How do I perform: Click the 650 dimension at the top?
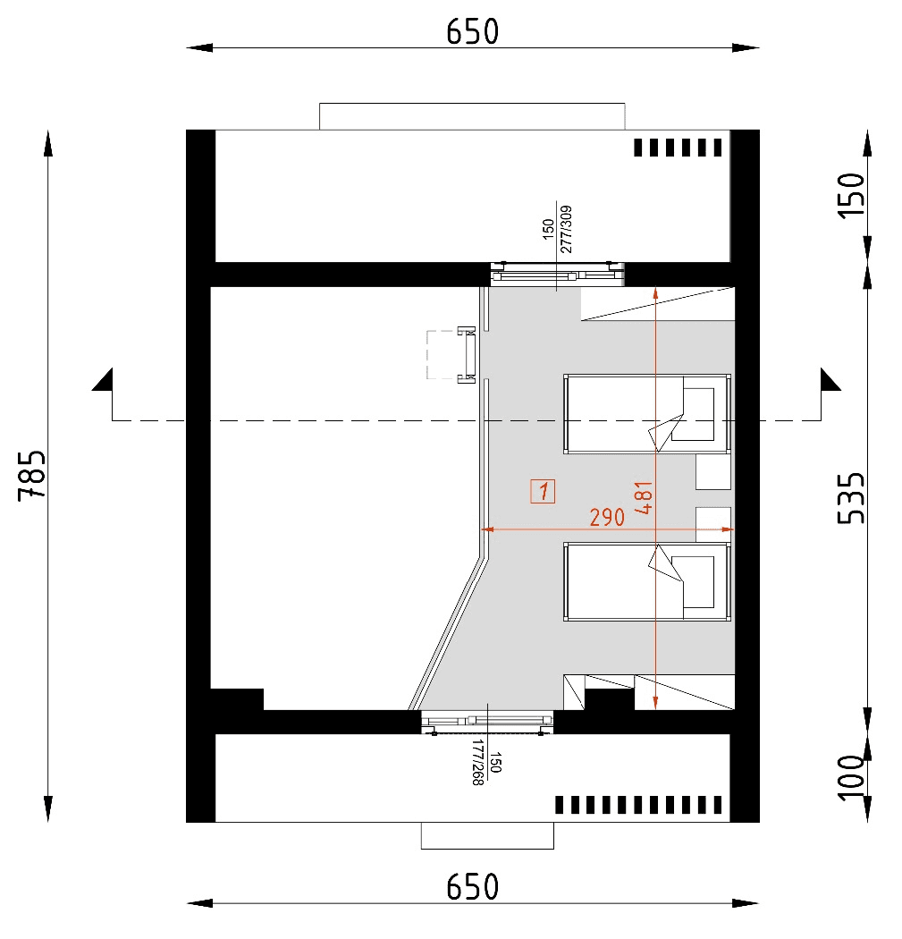[472, 31]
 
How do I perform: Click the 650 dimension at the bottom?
[472, 888]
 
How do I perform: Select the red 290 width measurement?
[607, 517]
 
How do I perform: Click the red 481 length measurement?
[643, 498]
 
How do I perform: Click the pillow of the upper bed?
[698, 414]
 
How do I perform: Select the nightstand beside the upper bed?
[713, 471]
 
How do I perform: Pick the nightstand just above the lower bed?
[713, 523]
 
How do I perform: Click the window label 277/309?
[565, 231]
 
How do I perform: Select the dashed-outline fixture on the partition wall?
[451, 355]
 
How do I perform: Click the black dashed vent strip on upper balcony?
[677, 148]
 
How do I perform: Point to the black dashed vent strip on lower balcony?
[638, 805]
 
